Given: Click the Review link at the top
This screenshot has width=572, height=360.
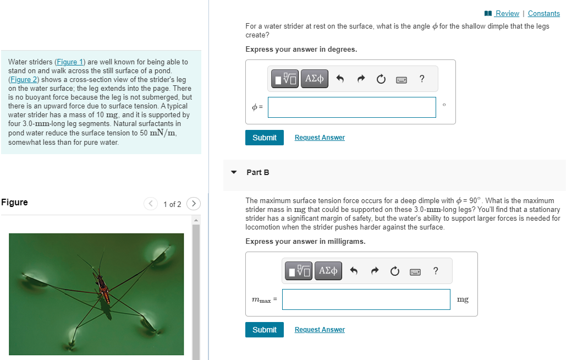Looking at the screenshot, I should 507,13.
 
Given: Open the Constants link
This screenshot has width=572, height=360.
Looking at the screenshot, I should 543,13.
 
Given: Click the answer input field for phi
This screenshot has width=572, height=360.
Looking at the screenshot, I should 351,107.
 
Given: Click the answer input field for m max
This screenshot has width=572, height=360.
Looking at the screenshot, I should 366,299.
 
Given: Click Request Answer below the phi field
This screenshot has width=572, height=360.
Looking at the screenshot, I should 320,138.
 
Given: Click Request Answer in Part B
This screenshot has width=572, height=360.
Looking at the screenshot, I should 320,330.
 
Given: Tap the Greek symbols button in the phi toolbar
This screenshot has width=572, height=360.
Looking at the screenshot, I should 314,79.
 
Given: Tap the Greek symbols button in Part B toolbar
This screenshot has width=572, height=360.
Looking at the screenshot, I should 328,271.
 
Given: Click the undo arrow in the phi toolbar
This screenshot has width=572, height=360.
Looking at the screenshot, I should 340,79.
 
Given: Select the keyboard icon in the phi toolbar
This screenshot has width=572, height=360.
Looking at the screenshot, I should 402,79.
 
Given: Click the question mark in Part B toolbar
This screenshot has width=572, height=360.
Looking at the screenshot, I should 436,270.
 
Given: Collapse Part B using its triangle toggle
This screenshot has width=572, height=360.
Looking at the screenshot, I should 234,172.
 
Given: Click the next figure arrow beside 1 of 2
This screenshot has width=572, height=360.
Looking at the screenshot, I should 194,204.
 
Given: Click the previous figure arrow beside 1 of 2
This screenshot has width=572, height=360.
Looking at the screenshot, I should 151,204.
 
